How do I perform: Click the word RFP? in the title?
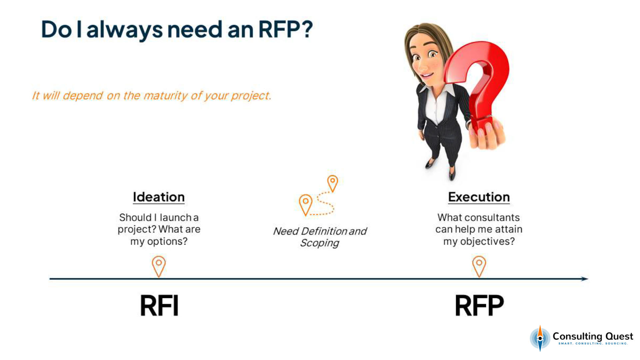[285, 29]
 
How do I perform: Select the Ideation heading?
[159, 197]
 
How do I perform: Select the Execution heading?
[479, 197]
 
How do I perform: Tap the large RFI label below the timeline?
[159, 305]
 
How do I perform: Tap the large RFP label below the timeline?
[479, 305]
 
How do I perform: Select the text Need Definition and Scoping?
[320, 237]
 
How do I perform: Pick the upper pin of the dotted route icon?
[332, 182]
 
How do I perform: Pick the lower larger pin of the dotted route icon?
[305, 204]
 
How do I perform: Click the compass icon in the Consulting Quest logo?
[540, 338]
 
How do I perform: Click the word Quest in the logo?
[619, 336]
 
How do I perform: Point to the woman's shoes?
[440, 168]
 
